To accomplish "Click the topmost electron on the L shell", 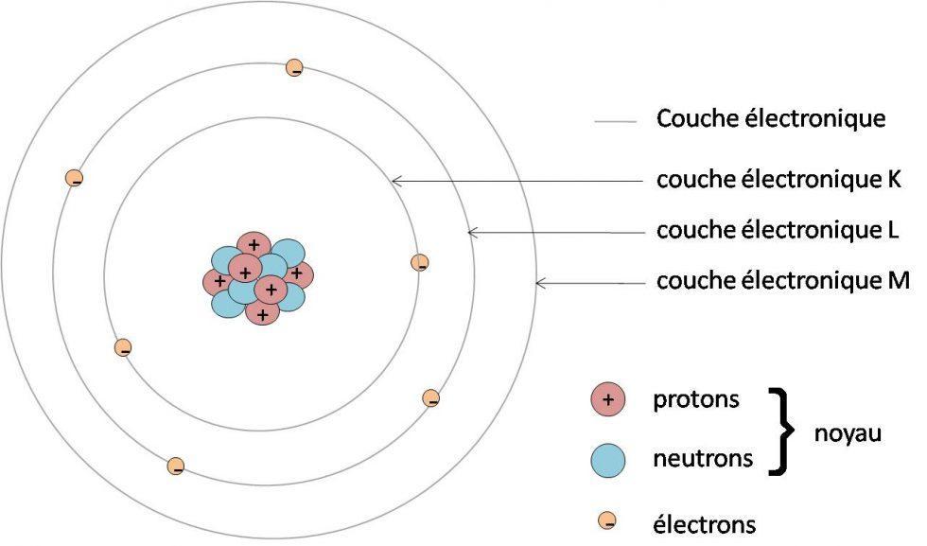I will click(x=295, y=67).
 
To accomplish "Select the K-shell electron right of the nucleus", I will click(x=420, y=263).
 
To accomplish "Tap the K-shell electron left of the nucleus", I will click(x=122, y=348).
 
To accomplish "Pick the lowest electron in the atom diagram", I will click(x=175, y=466).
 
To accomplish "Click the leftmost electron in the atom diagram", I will click(x=74, y=177).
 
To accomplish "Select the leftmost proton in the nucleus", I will click(x=219, y=281).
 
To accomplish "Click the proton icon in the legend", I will click(x=608, y=400).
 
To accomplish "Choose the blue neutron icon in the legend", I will click(x=608, y=460).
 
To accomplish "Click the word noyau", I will click(x=847, y=433).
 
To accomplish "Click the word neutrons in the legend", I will click(x=703, y=460).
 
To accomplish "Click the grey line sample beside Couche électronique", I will click(x=615, y=121).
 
